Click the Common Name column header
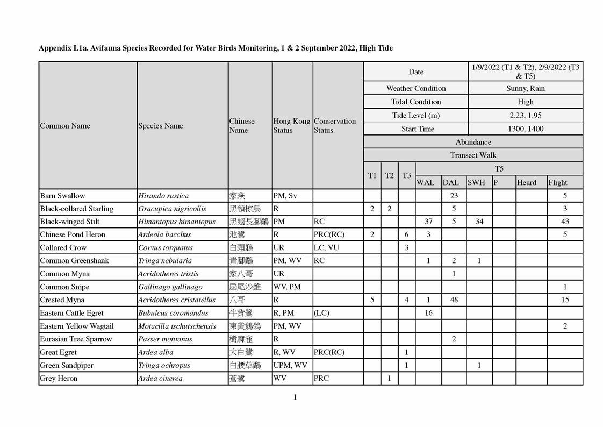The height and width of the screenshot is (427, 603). pyautogui.click(x=65, y=126)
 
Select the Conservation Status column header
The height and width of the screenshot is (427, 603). pyautogui.click(x=334, y=126)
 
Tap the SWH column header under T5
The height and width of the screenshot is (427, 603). pyautogui.click(x=476, y=182)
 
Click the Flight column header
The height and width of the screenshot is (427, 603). pyautogui.click(x=558, y=182)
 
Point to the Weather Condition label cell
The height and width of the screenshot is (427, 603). pyautogui.click(x=416, y=88)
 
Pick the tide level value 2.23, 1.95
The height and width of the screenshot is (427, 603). pyautogui.click(x=525, y=115)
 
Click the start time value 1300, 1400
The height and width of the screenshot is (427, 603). pyautogui.click(x=525, y=129)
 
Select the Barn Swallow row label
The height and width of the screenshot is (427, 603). pyautogui.click(x=62, y=196)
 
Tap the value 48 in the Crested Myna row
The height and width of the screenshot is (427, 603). pyautogui.click(x=454, y=300)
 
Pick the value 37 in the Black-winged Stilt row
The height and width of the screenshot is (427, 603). pyautogui.click(x=428, y=222)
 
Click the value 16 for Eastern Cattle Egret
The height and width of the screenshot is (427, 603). pyautogui.click(x=428, y=313)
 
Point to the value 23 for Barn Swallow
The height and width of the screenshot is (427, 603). pyautogui.click(x=454, y=196)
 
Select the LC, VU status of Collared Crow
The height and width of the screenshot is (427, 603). pyautogui.click(x=327, y=248)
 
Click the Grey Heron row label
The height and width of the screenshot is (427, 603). pyautogui.click(x=59, y=379)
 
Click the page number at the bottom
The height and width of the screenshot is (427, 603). pyautogui.click(x=295, y=397)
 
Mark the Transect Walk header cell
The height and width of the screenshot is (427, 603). pyautogui.click(x=473, y=155)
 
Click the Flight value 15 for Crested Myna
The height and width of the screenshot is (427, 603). pyautogui.click(x=565, y=300)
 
